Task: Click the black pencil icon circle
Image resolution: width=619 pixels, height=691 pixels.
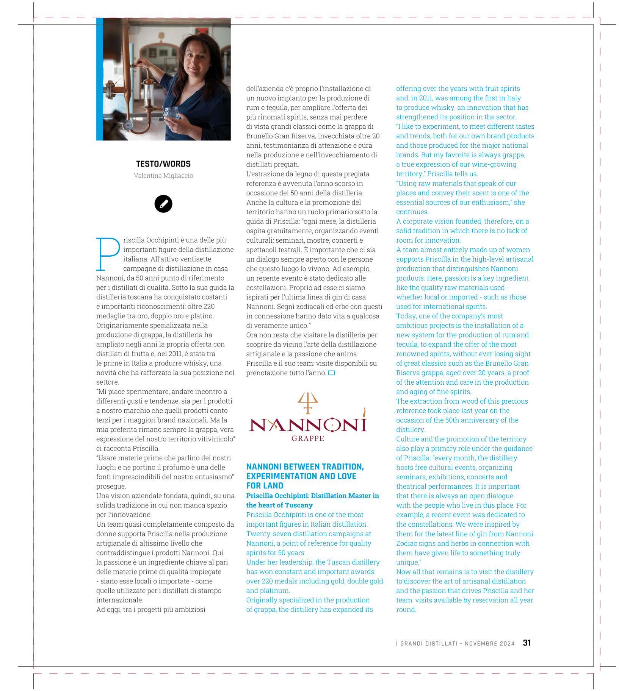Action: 163,204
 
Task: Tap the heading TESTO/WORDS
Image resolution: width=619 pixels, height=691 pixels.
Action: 163,164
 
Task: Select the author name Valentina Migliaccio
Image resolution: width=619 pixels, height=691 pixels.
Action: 163,176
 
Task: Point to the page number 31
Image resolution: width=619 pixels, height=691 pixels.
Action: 527,643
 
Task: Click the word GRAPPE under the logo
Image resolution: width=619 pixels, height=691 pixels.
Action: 308,438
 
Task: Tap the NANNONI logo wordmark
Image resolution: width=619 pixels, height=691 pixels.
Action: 308,424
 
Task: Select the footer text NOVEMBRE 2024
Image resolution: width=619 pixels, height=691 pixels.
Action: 490,644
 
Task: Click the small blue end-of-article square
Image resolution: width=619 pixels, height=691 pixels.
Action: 331,373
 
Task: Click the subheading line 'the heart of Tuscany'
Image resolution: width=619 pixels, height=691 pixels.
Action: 279,505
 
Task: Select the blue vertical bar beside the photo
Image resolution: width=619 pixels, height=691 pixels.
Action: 99,79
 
